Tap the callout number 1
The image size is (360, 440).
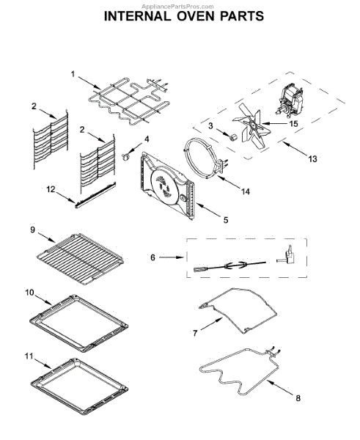73,74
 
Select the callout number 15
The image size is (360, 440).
293,124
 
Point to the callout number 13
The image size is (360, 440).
312,159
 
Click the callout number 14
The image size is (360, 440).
246,191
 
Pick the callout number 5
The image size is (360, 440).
226,220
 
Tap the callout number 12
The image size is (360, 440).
51,190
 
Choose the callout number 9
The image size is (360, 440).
33,230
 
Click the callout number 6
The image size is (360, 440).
153,257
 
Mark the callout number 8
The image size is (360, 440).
298,398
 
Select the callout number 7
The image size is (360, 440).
195,333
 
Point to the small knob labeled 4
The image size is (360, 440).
125,155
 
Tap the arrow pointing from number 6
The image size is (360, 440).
172,257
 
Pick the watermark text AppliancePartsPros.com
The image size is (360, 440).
177,7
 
